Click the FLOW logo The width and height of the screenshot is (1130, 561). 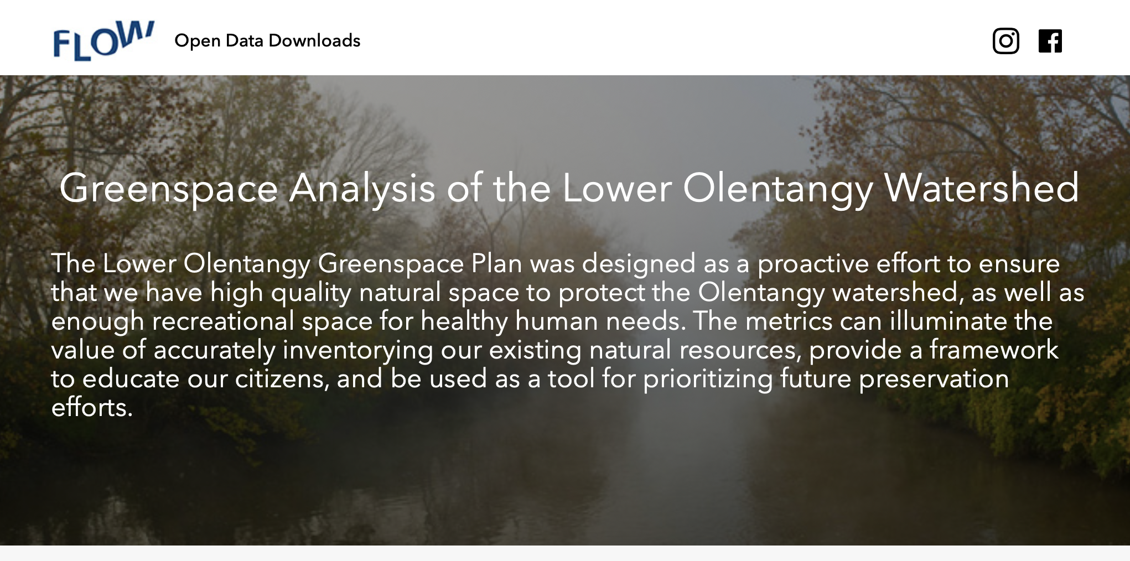tap(103, 41)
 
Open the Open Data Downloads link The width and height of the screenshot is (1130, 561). tap(267, 41)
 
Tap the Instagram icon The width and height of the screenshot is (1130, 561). tap(1005, 41)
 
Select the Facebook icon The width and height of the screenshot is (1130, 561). tap(1050, 41)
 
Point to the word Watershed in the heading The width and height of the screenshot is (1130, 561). tap(981, 188)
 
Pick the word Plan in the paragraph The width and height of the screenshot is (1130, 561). tap(496, 263)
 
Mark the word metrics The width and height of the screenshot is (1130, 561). tap(789, 321)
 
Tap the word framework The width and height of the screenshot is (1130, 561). tap(994, 350)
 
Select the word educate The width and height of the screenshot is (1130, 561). tap(131, 379)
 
